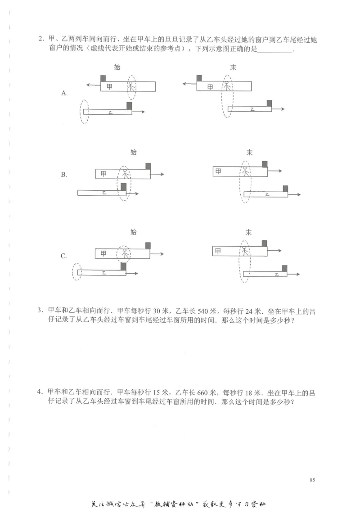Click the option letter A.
tap(64, 93)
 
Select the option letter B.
tap(64, 175)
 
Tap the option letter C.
tap(64, 256)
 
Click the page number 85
tap(312, 480)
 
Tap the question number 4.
tap(40, 392)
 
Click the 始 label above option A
tap(117, 68)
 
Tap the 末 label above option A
tap(233, 68)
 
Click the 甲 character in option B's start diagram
tap(104, 174)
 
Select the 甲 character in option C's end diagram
tap(218, 250)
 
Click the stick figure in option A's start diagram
tap(131, 87)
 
